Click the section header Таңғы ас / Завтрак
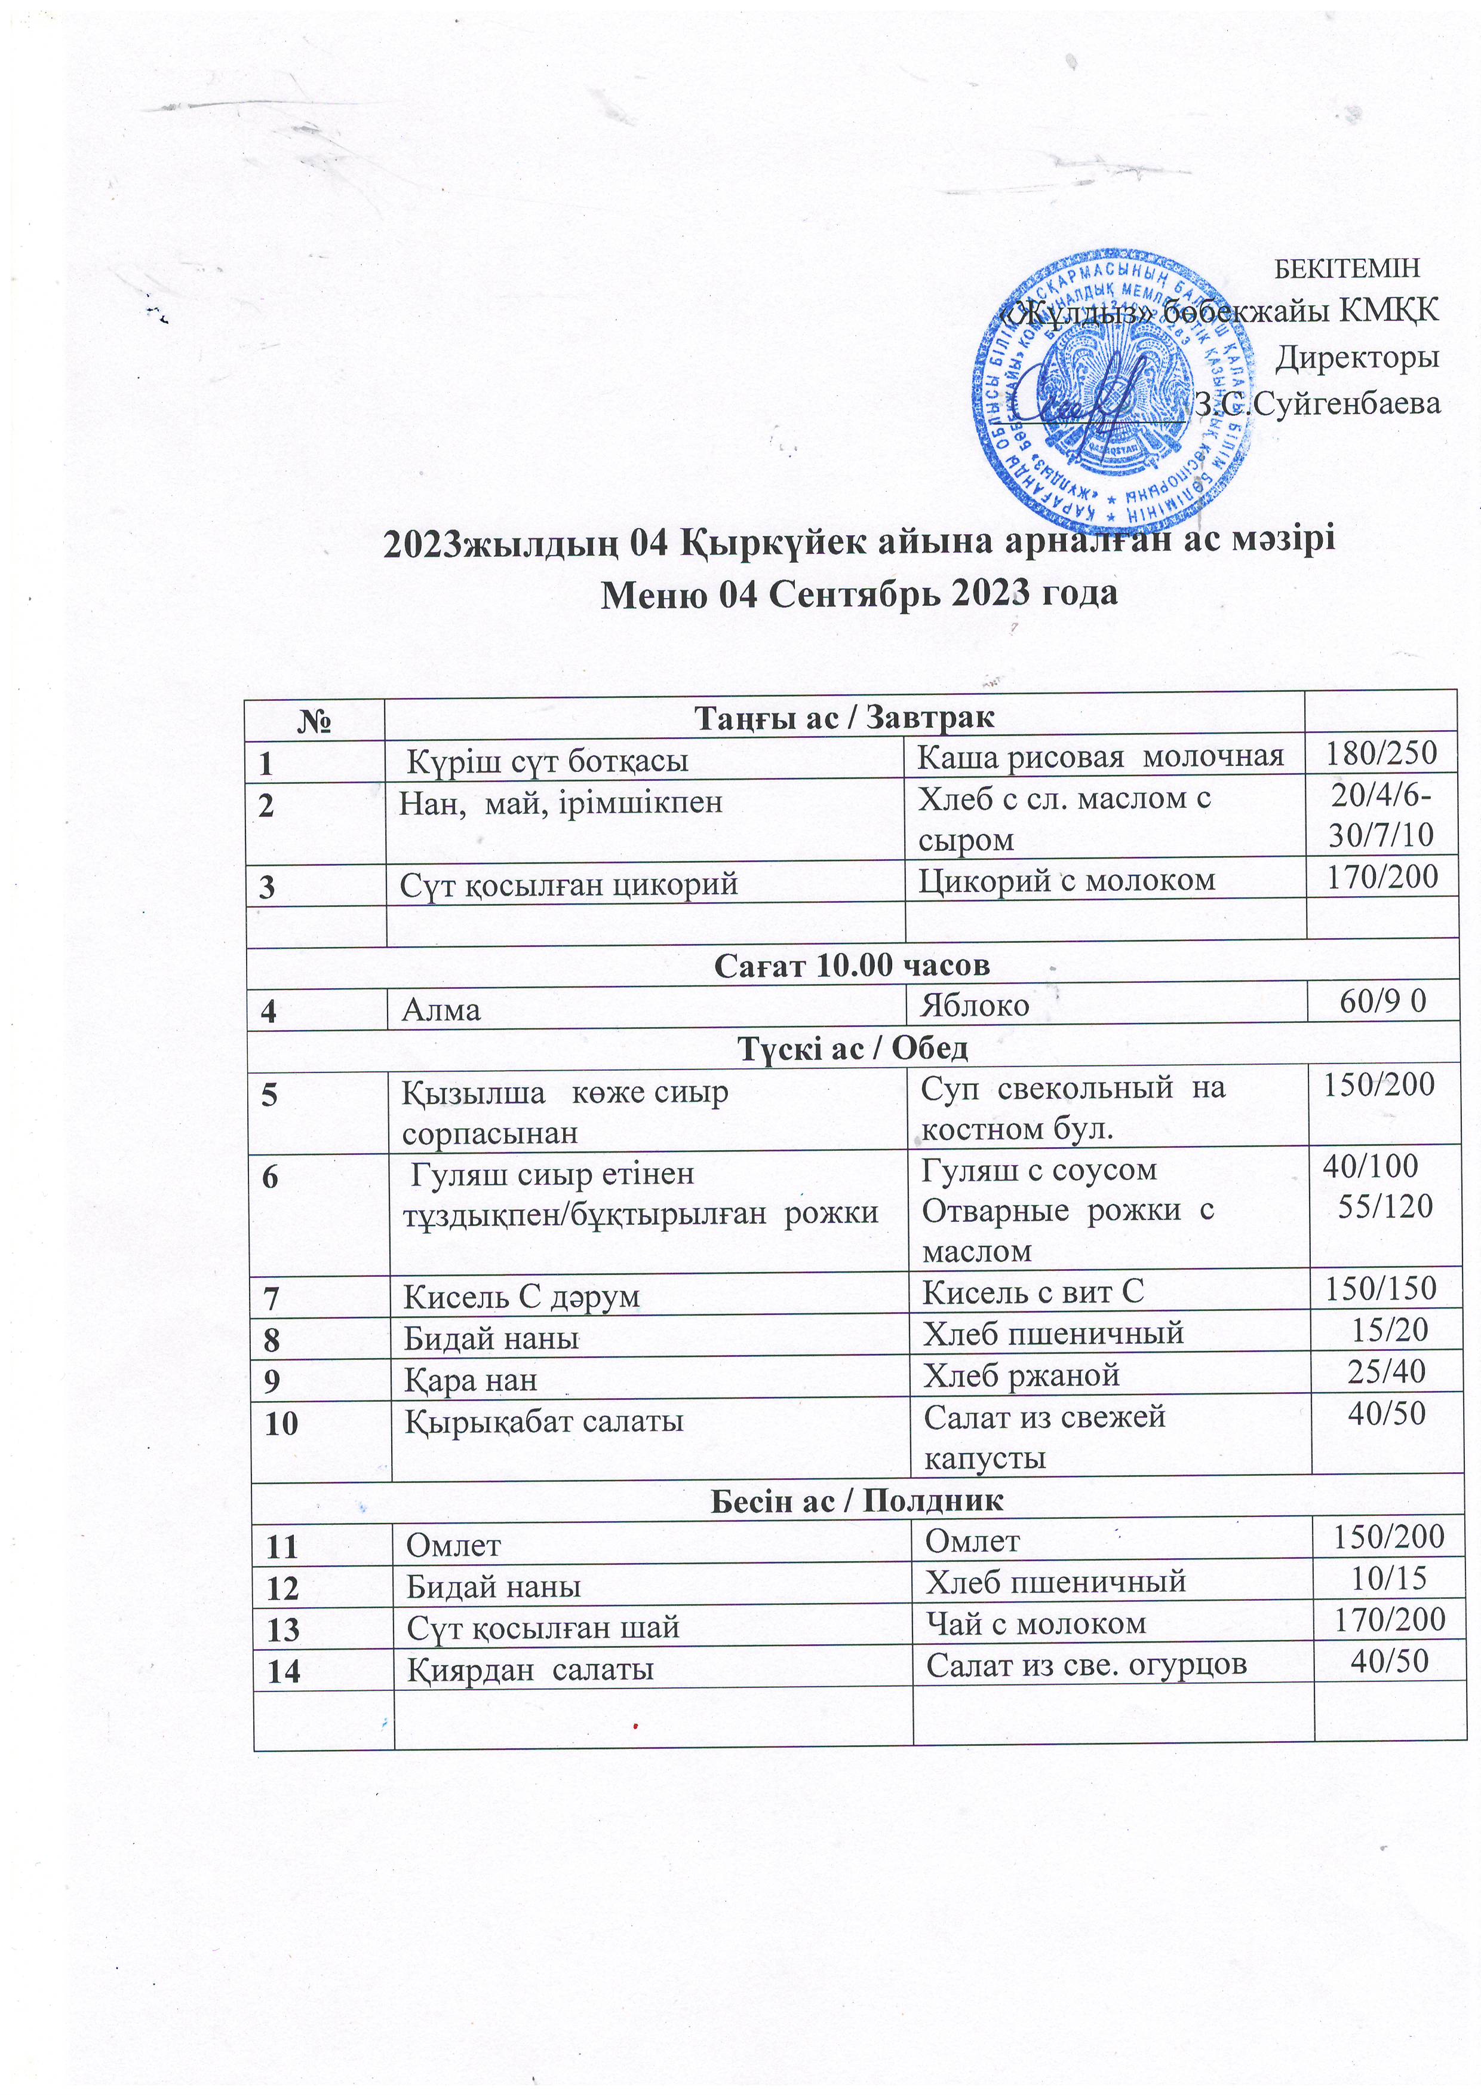[x=844, y=718]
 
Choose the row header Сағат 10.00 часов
[x=852, y=965]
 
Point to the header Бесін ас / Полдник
[x=856, y=1500]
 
